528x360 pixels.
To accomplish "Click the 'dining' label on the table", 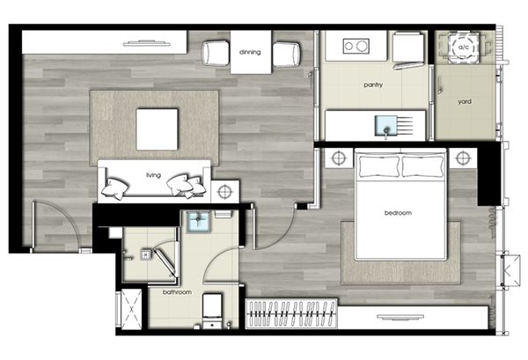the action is click(250, 52).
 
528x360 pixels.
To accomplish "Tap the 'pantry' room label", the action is click(373, 84).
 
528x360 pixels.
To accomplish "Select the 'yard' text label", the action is click(465, 101).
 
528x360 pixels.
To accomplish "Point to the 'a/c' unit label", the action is click(464, 48).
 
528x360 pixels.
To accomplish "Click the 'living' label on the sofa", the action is click(153, 175).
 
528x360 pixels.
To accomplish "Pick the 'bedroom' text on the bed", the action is click(398, 213).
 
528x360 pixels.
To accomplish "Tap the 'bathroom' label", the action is click(177, 292).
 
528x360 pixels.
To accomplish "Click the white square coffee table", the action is click(157, 129).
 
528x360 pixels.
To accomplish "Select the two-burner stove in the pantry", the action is click(356, 46).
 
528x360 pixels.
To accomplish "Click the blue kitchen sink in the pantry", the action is click(385, 125).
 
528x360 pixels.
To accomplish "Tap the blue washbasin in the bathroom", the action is click(198, 222).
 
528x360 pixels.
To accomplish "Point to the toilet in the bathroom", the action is click(212, 311).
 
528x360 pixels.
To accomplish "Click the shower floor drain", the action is click(146, 254).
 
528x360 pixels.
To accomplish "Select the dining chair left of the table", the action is click(216, 53).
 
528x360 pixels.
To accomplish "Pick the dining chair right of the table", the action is click(286, 55).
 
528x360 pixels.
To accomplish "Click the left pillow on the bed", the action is click(379, 165).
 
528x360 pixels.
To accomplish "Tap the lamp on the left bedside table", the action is click(339, 158).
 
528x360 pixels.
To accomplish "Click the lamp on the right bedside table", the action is click(463, 158).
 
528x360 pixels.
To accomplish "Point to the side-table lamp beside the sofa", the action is click(225, 192).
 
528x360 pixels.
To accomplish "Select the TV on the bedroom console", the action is click(400, 317).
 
